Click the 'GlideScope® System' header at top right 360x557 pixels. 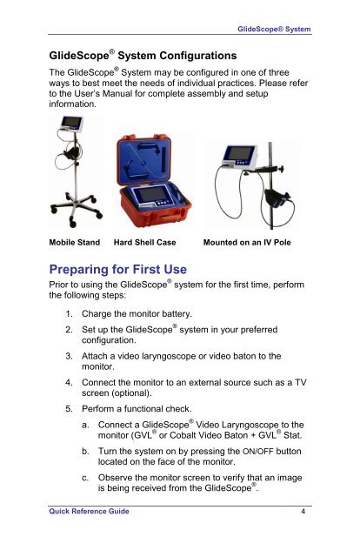274,29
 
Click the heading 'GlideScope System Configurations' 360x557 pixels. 143,55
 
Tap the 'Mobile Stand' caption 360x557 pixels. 75,242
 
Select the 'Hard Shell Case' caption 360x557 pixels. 144,242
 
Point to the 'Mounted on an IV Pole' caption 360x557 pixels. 247,242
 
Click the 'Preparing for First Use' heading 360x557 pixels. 118,269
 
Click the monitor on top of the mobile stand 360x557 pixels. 71,124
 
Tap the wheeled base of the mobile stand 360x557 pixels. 76,211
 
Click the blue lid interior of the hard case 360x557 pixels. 143,160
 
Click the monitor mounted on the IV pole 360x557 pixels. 239,156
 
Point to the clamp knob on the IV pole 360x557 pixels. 282,168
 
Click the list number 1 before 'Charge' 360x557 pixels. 69,314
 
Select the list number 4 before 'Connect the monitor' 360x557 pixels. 69,383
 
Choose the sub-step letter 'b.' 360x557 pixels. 85,452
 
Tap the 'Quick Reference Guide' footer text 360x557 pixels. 89,511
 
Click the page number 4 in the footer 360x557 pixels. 303,511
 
